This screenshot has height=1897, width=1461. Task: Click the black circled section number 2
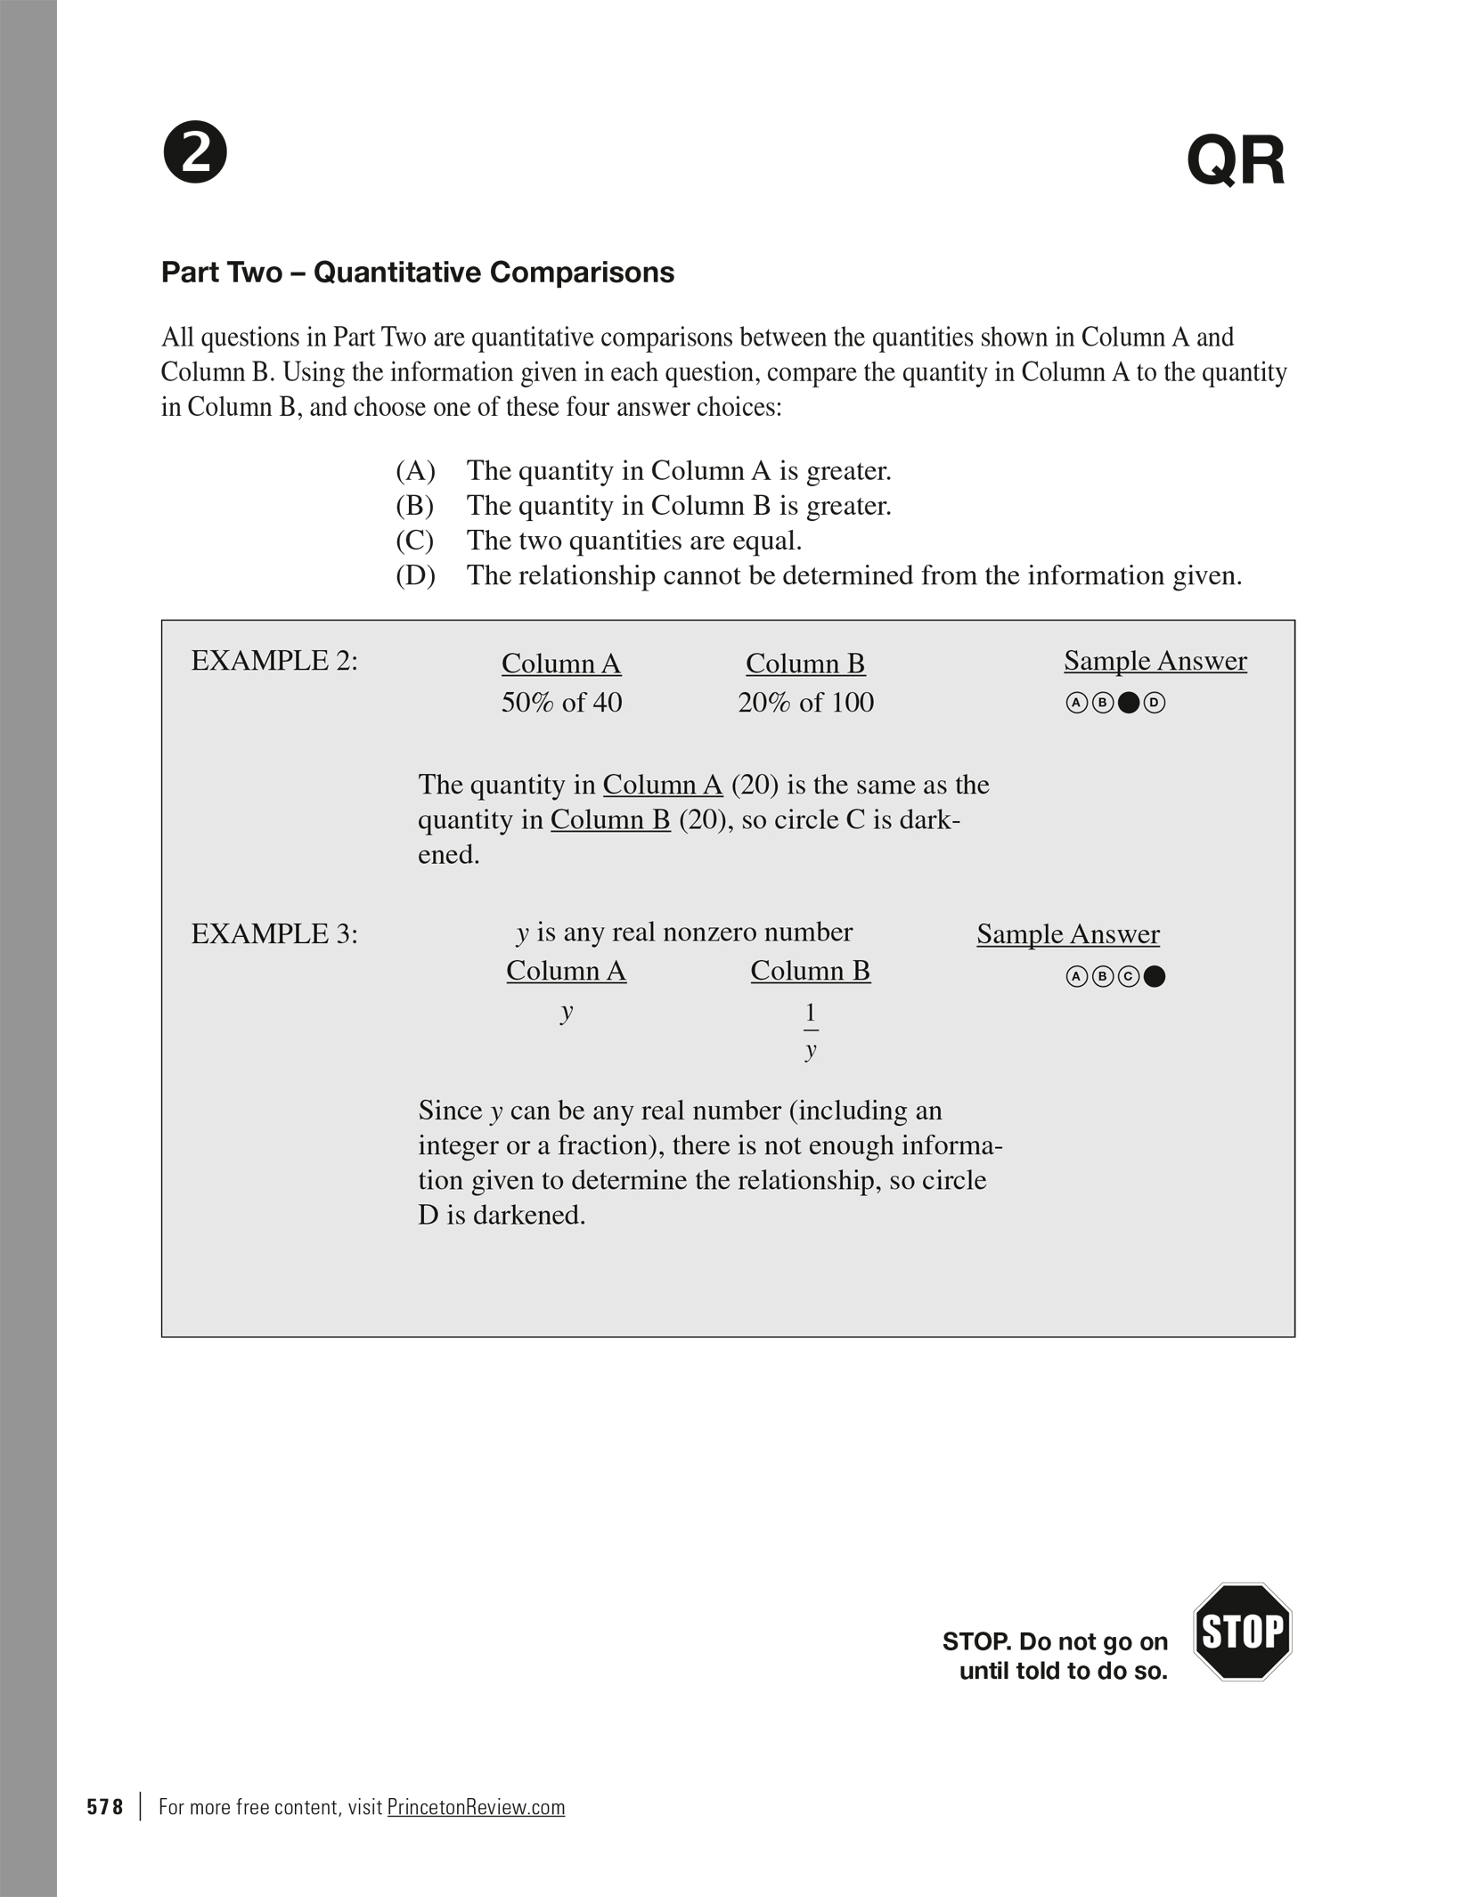click(195, 152)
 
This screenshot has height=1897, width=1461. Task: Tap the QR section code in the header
click(1235, 161)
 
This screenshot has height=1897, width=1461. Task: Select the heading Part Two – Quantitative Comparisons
click(417, 273)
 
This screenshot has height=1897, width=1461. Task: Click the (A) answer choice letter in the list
click(415, 470)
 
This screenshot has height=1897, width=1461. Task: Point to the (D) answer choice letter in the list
click(415, 575)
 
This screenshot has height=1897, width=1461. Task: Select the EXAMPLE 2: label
click(274, 661)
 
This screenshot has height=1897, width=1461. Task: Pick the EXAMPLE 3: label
click(274, 934)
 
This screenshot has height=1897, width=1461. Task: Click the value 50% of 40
click(561, 703)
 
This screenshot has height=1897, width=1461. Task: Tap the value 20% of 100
click(805, 703)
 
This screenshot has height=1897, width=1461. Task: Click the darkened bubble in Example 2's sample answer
click(1128, 704)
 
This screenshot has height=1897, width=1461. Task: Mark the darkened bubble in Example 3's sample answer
click(1154, 977)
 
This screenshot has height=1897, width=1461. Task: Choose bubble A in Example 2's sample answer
click(1076, 704)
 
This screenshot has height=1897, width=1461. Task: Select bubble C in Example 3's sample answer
click(1128, 977)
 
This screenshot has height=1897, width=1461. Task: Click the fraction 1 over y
click(810, 1030)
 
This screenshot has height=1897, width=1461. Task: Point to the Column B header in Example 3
click(810, 971)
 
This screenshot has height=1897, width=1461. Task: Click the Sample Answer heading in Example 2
click(1155, 661)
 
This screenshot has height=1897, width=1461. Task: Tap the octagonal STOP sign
click(1242, 1632)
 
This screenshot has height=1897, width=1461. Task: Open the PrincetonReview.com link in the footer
click(476, 1807)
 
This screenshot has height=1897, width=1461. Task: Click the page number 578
click(105, 1807)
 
